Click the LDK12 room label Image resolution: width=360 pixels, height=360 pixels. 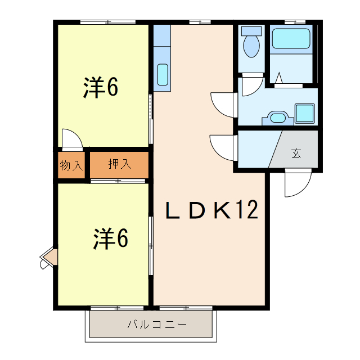[x=211, y=210]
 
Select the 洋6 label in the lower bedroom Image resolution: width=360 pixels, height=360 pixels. [x=110, y=239]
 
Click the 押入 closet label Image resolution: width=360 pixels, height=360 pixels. [x=119, y=164]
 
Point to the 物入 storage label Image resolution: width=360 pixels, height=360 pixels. [x=71, y=165]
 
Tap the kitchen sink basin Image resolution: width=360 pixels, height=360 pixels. [x=162, y=74]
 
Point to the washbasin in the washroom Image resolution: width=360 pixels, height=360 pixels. [x=278, y=118]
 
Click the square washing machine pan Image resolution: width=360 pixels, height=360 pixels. [x=305, y=113]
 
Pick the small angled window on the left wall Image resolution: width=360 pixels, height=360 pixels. [x=48, y=258]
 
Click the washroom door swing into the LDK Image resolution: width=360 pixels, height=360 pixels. [x=223, y=104]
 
